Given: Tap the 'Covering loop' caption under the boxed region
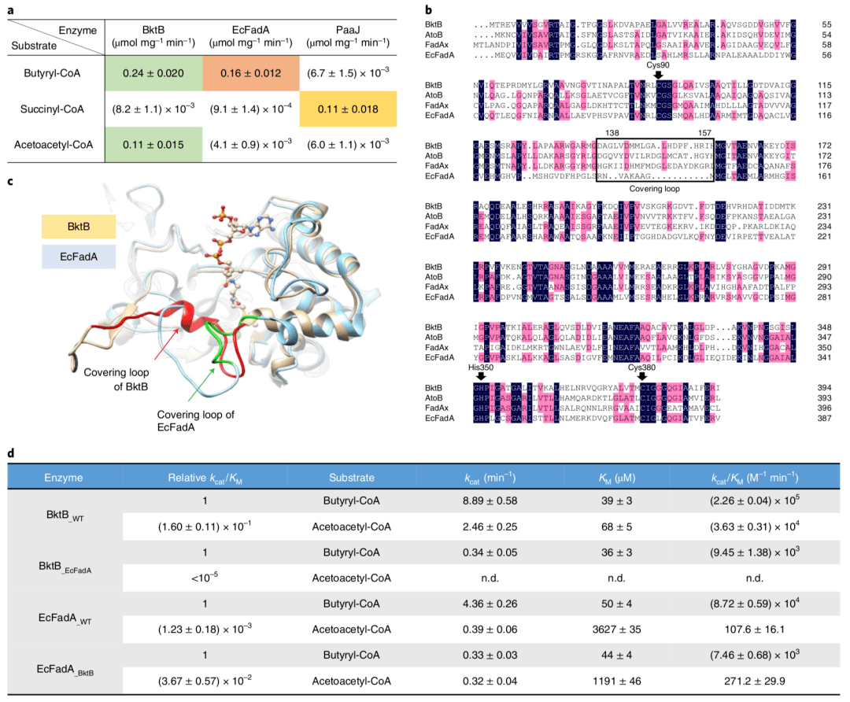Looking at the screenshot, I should tap(654, 189).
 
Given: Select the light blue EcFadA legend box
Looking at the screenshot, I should tap(79, 257).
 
